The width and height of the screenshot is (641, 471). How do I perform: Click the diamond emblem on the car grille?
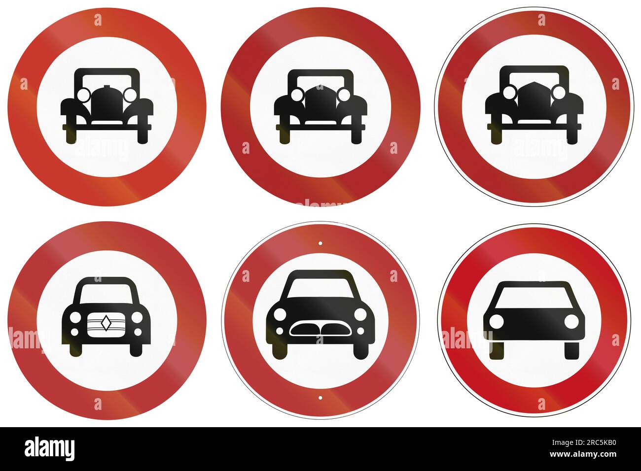pyautogui.click(x=107, y=323)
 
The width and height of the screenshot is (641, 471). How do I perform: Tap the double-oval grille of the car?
pyautogui.click(x=320, y=329)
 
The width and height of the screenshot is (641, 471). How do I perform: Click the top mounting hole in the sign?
pyautogui.click(x=320, y=243)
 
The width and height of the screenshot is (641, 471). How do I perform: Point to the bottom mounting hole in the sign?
pyautogui.click(x=320, y=397)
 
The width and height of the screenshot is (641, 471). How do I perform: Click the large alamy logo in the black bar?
pyautogui.click(x=50, y=449)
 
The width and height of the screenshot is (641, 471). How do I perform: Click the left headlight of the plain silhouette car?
pyautogui.click(x=496, y=321)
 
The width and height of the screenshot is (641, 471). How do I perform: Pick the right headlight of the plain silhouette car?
pyautogui.click(x=571, y=321)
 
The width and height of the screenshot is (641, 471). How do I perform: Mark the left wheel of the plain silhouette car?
pyautogui.click(x=497, y=349)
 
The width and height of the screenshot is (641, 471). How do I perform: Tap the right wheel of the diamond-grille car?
pyautogui.click(x=136, y=349)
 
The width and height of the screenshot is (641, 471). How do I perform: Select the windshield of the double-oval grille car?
pyautogui.click(x=320, y=288)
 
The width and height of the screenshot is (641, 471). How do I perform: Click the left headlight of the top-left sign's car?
pyautogui.click(x=83, y=94)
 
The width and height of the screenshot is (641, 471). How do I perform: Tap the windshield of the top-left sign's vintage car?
pyautogui.click(x=107, y=80)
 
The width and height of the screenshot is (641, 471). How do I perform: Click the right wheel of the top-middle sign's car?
pyautogui.click(x=356, y=135)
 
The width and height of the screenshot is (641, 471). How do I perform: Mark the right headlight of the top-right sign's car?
pyautogui.click(x=559, y=92)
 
